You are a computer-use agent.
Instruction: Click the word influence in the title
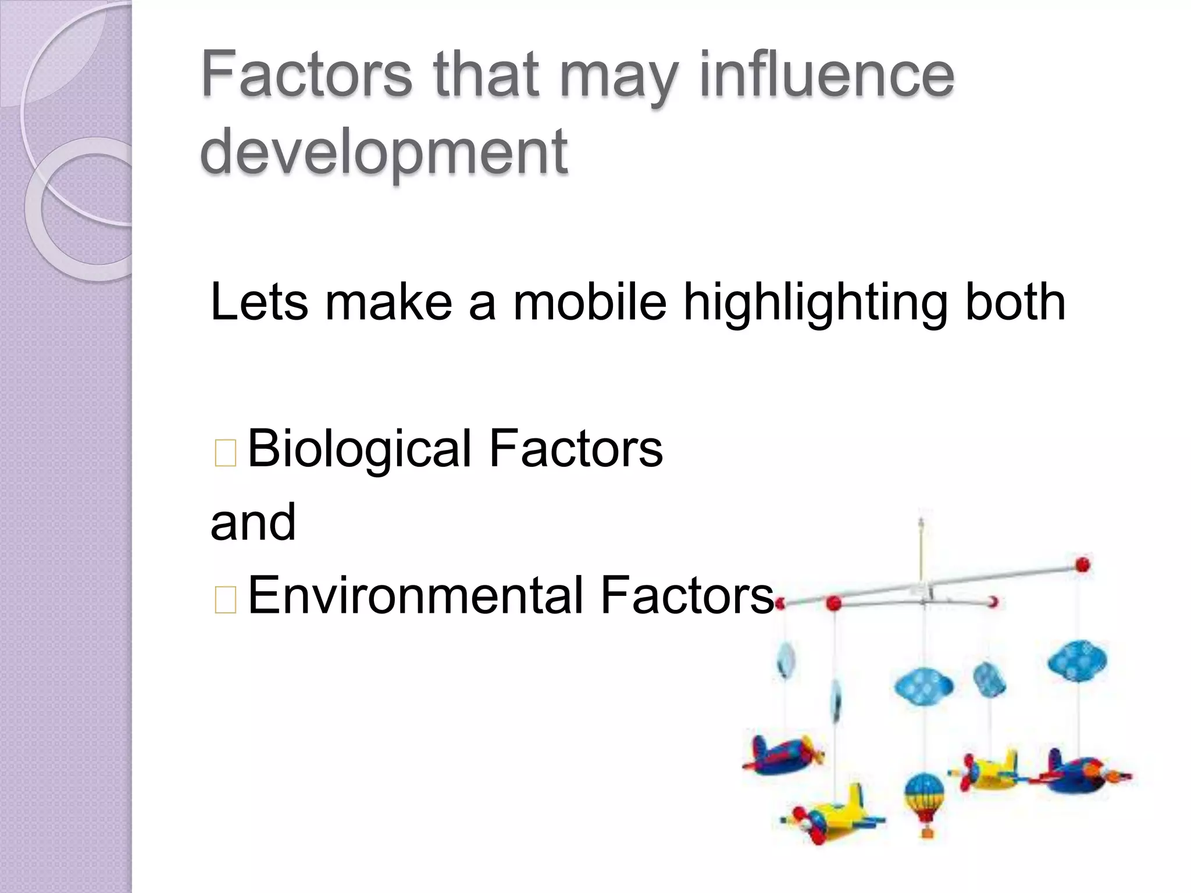coord(826,76)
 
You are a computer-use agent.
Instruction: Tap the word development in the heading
coord(384,152)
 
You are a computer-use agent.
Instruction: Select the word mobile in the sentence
coord(590,302)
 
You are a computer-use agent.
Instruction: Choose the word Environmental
coord(415,595)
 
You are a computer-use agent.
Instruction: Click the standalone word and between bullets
coord(253,522)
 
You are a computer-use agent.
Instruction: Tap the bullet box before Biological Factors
coord(225,453)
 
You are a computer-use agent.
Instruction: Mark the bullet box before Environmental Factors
coord(225,599)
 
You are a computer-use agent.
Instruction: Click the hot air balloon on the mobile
coord(924,794)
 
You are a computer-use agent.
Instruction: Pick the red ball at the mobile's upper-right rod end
coord(1082,564)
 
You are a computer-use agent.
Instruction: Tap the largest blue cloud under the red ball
coord(1077,660)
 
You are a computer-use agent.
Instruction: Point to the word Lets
coord(259,302)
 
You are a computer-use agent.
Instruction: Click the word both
coord(1015,302)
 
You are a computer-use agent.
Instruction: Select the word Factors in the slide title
coord(306,76)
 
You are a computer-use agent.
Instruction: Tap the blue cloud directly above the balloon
coord(923,686)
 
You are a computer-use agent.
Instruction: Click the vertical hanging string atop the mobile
coord(921,546)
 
